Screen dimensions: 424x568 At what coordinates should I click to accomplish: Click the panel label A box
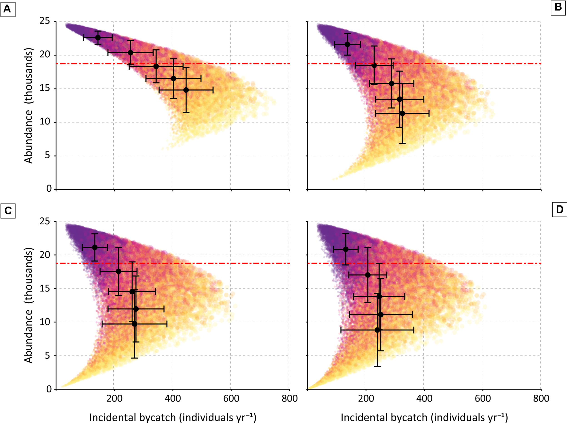tap(8, 10)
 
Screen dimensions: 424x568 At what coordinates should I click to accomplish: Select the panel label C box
tap(8, 211)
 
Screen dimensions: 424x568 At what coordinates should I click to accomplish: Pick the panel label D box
tap(559, 210)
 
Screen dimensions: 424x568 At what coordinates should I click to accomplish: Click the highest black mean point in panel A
tap(98, 38)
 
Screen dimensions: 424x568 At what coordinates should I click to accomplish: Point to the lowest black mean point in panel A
tap(186, 90)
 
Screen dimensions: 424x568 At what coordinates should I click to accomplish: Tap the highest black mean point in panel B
tap(347, 44)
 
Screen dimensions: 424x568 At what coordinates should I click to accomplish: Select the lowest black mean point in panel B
tap(402, 113)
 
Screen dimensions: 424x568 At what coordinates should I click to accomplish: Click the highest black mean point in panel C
tap(95, 247)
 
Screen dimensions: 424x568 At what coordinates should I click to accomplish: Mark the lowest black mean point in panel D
tap(377, 330)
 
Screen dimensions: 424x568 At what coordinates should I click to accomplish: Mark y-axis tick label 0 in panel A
tap(49, 189)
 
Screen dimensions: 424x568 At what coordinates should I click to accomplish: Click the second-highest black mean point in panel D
tap(368, 275)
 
